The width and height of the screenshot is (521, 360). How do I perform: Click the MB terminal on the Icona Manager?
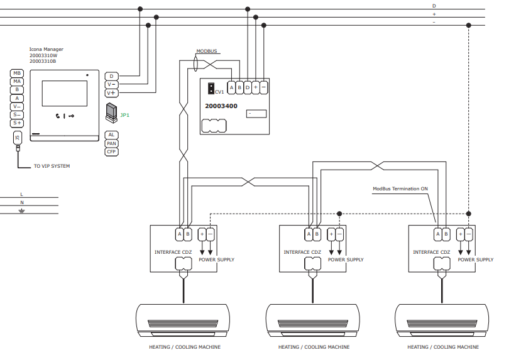17,73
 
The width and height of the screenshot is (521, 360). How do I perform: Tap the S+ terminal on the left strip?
17,123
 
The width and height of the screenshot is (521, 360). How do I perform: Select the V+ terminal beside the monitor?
112,93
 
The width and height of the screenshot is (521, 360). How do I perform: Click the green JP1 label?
124,115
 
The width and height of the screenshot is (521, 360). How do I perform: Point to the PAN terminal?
112,143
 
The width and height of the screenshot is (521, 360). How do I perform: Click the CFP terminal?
112,152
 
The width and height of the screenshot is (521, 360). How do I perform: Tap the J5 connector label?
18,138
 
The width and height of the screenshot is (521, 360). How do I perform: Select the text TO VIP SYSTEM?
52,166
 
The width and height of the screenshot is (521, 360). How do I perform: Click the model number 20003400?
221,106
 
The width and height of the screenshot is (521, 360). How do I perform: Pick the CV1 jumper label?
219,92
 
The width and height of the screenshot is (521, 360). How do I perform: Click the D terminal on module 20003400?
248,88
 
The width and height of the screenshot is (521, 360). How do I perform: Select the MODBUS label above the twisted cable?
207,51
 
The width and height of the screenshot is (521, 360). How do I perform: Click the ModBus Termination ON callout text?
400,188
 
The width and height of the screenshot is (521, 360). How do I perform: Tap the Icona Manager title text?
46,49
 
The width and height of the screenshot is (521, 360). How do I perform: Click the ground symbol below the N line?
22,210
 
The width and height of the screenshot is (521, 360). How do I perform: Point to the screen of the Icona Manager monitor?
65,94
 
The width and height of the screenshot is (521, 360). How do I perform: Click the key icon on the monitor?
71,116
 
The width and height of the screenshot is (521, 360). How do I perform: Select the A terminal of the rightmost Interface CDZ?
438,234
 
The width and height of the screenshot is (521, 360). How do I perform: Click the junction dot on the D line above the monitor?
140,9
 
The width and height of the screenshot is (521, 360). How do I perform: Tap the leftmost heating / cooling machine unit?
183,320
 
